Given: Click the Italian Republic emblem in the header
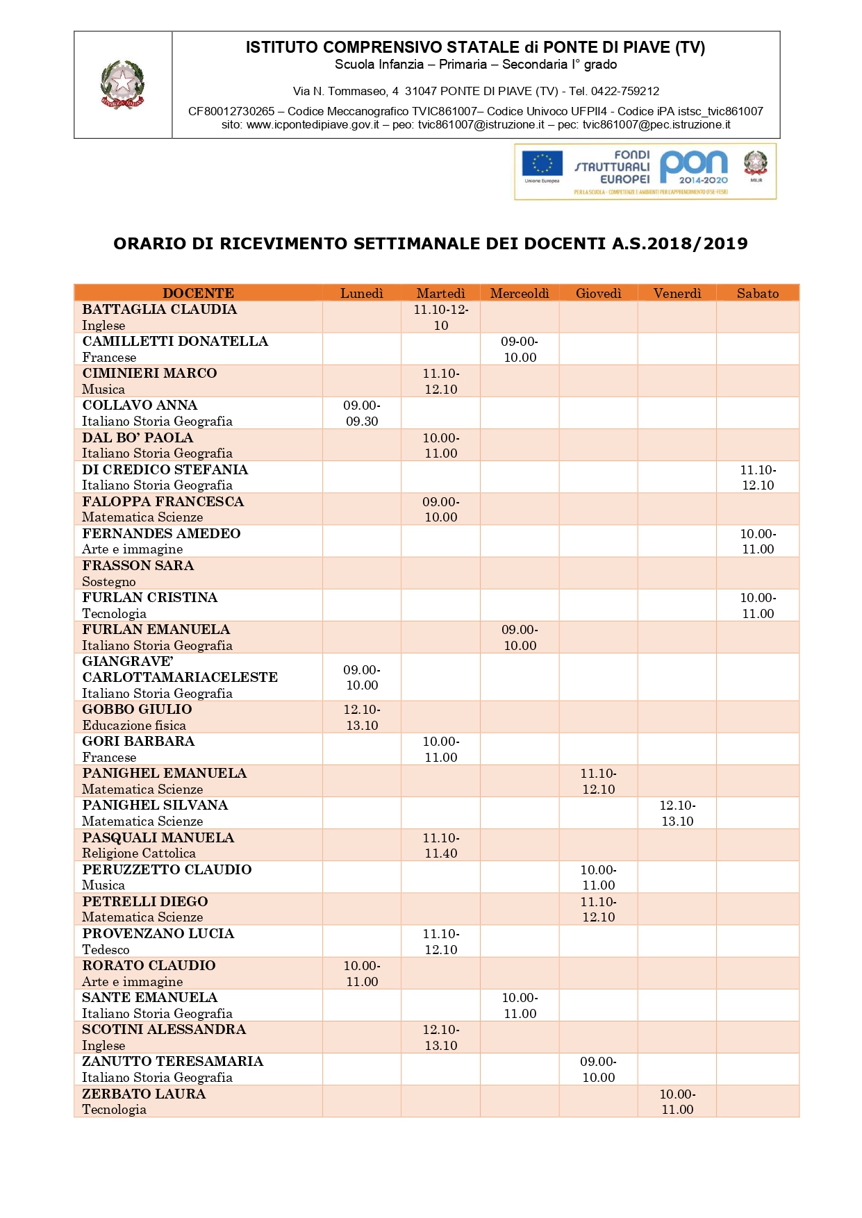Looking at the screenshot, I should pyautogui.click(x=123, y=84).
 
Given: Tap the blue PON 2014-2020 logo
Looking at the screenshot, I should pyautogui.click(x=693, y=167).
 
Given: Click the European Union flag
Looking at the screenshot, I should pyautogui.click(x=542, y=164).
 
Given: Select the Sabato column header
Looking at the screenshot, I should pyautogui.click(x=757, y=293).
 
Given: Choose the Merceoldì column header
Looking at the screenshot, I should pyautogui.click(x=520, y=293).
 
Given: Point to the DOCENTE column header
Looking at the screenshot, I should pyautogui.click(x=198, y=293).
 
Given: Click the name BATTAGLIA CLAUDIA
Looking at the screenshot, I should pyautogui.click(x=159, y=310).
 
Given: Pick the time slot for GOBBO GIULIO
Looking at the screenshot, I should pyautogui.click(x=362, y=717).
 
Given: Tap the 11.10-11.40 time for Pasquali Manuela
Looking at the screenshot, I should pyautogui.click(x=441, y=845).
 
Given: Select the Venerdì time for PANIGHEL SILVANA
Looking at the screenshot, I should pyautogui.click(x=677, y=813).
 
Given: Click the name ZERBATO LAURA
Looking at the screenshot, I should pyautogui.click(x=144, y=1094).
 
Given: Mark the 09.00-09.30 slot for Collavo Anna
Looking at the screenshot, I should pyautogui.click(x=362, y=413).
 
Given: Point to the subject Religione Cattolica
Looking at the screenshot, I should pyautogui.click(x=139, y=853).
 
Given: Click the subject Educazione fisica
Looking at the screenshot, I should pyautogui.click(x=134, y=726).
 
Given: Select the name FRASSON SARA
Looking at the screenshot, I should pyautogui.click(x=138, y=565).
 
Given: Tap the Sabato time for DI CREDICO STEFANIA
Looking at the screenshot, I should pyautogui.click(x=758, y=477).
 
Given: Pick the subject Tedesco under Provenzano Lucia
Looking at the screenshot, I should pyautogui.click(x=106, y=949).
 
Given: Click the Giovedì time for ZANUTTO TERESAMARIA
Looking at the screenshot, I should pyautogui.click(x=598, y=1069).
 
